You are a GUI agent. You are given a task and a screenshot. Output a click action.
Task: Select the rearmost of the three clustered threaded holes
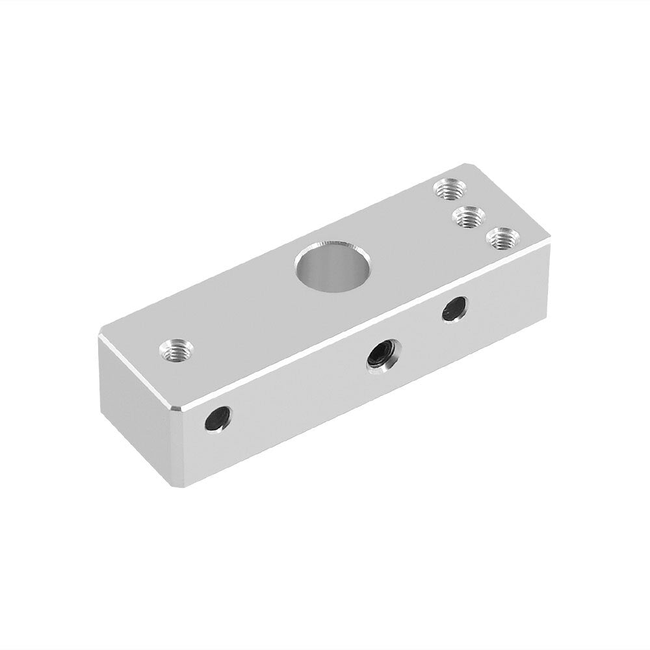tap(450, 190)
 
